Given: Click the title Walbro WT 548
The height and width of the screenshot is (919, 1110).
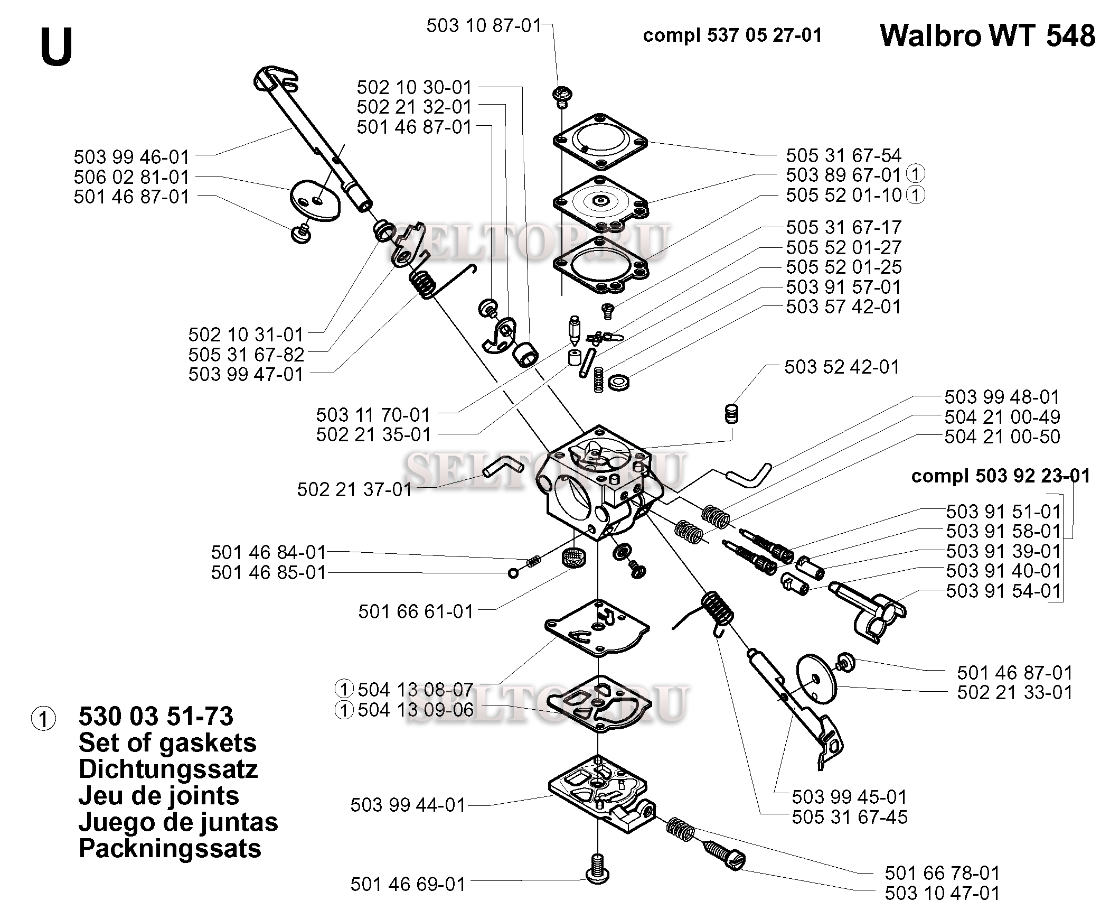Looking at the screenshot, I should click(987, 36).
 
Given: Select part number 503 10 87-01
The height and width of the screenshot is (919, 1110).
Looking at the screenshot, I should click(484, 25).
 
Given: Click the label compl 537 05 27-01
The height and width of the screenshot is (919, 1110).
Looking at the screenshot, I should click(732, 35).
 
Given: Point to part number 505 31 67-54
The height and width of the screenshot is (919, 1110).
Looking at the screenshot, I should click(843, 155).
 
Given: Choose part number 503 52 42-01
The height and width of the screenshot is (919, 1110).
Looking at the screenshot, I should click(842, 367).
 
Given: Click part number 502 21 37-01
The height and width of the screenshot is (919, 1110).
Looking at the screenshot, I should click(354, 489).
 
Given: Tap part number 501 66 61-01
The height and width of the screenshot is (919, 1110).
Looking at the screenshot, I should click(416, 611).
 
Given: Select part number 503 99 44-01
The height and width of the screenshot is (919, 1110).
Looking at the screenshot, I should click(408, 805).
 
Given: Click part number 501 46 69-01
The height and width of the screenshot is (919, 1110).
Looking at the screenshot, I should click(408, 884).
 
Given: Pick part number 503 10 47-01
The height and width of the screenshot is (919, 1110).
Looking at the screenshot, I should click(942, 893).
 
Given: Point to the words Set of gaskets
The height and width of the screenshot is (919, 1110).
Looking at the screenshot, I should click(167, 743).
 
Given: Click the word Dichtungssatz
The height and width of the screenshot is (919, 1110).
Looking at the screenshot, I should click(168, 769).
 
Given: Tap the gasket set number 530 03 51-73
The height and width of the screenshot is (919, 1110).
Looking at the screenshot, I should click(156, 717).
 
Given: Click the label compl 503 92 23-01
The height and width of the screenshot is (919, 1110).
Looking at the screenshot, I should click(1000, 476).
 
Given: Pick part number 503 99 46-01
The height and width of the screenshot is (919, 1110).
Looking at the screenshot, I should click(131, 157).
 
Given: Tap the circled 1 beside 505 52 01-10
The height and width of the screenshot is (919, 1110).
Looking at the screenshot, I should click(916, 195).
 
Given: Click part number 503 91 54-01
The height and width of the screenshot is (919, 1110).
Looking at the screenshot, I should click(1003, 591).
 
